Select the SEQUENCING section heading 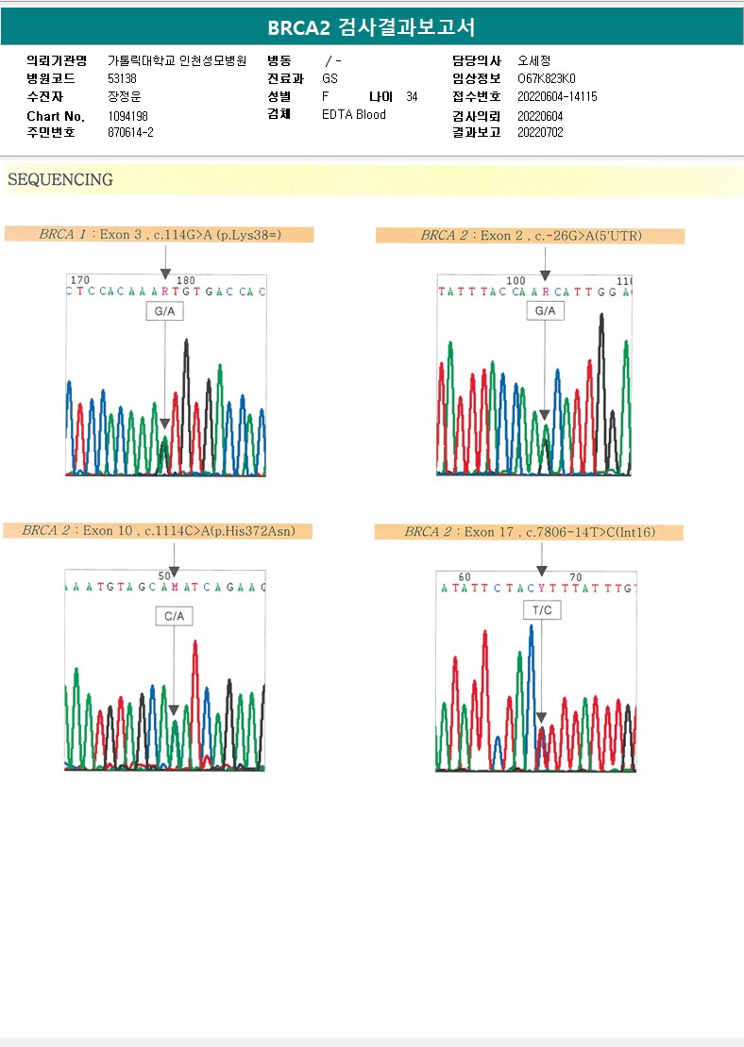(x=60, y=179)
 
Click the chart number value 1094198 (x=128, y=116)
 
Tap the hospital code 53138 (x=123, y=78)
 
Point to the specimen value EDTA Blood (x=354, y=115)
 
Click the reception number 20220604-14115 (x=557, y=97)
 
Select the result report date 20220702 (x=540, y=133)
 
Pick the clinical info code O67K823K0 (x=547, y=78)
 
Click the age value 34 (x=412, y=97)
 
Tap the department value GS (x=330, y=78)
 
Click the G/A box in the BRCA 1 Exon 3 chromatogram (x=163, y=311)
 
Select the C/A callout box (x=174, y=616)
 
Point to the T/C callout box (x=542, y=610)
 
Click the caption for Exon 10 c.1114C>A (x=159, y=531)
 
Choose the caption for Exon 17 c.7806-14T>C (x=529, y=533)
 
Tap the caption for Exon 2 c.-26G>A (x=530, y=236)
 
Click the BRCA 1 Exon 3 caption (x=159, y=235)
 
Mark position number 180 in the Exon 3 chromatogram (x=185, y=280)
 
